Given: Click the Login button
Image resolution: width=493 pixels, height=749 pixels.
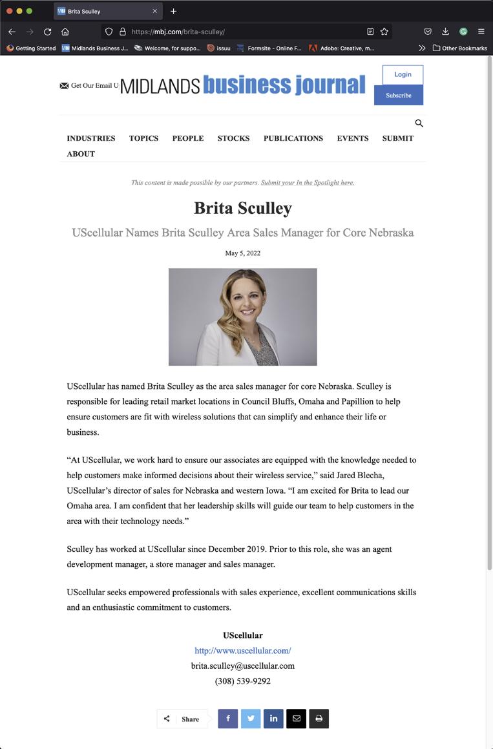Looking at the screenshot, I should coord(403,74).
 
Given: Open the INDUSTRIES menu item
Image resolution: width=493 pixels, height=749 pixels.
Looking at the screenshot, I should coord(91,138).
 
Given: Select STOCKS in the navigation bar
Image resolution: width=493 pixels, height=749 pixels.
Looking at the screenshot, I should coord(233,138).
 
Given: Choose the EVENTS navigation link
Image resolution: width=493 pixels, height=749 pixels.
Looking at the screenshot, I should coord(352,138).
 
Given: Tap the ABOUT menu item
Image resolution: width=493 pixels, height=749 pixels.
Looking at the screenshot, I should coord(81,154).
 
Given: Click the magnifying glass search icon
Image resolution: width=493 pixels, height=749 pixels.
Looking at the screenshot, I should coord(419,123).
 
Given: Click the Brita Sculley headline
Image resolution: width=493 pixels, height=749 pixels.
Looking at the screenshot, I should coord(243,208).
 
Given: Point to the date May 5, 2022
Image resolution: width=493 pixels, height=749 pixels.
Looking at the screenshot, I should coord(243,253).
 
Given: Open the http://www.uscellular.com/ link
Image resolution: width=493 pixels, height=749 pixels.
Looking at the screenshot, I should coord(243,651).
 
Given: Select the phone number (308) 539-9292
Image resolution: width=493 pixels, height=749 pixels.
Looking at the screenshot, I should coord(243,681).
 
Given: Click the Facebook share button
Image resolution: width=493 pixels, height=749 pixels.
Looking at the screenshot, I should coord(227,719).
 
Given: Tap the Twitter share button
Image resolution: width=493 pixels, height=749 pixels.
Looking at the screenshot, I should coord(251,719).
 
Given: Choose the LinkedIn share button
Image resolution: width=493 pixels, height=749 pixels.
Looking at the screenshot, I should coord(273,719).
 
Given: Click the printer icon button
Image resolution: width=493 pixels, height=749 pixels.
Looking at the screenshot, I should coord(319,719).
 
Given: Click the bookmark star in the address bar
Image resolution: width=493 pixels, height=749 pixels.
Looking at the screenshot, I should coord(384,32).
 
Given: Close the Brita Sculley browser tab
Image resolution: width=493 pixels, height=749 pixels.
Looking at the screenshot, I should coord(154,11).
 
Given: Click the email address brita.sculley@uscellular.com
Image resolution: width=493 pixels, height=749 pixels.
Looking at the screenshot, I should coord(243,666).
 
